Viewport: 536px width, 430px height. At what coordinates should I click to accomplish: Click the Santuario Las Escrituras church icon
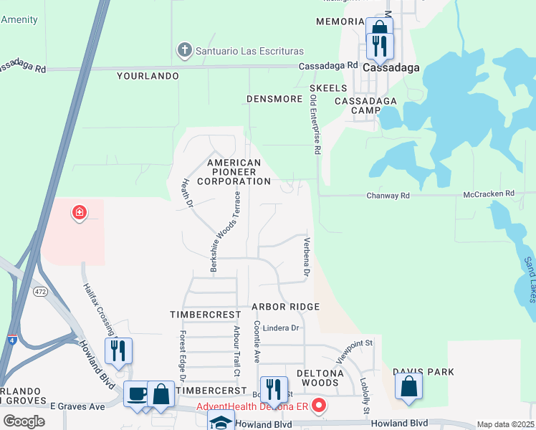(x=184, y=51)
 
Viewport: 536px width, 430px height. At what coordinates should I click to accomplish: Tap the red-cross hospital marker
(x=79, y=213)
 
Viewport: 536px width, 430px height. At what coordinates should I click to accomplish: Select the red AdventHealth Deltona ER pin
(x=319, y=406)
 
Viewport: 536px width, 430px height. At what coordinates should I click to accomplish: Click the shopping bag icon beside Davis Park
(x=408, y=386)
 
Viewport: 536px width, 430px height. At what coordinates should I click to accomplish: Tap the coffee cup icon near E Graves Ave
(x=137, y=393)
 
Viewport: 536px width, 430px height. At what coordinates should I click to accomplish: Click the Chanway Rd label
(x=388, y=195)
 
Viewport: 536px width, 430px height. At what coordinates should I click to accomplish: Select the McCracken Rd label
(x=489, y=193)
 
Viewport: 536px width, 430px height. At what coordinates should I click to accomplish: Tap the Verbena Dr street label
(x=306, y=257)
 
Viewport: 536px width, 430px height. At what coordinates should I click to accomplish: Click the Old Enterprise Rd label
(x=313, y=126)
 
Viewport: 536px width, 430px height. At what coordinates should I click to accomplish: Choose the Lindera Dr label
(x=280, y=328)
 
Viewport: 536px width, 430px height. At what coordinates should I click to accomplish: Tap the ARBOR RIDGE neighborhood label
(x=285, y=307)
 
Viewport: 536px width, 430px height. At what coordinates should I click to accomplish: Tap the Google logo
(x=23, y=421)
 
